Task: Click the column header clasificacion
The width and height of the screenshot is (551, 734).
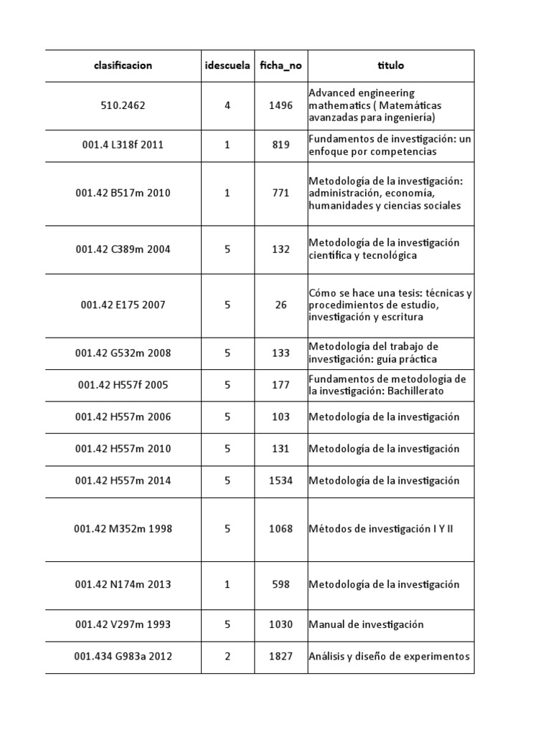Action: [123, 65]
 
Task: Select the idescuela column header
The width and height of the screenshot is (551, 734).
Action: [227, 65]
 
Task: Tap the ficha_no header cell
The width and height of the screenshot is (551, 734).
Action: [281, 65]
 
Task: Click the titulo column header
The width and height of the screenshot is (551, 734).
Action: [391, 65]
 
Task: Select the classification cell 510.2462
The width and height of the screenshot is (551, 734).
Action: [123, 105]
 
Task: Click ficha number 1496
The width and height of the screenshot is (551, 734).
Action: [281, 105]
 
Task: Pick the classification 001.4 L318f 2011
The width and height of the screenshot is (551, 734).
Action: [123, 145]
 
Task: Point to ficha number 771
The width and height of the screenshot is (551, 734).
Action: [281, 193]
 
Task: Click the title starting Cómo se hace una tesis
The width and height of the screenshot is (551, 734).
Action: [390, 305]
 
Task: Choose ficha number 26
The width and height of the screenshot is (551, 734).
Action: [281, 305]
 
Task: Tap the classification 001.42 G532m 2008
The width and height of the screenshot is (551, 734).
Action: [123, 353]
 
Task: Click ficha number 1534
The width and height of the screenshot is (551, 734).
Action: [281, 480]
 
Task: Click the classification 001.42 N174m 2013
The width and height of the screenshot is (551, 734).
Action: [123, 584]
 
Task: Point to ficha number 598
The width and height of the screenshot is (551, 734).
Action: [281, 584]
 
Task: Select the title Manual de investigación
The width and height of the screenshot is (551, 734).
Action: [366, 624]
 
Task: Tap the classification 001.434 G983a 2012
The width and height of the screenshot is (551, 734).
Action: [123, 657]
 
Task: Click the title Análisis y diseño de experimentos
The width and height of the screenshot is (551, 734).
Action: [389, 657]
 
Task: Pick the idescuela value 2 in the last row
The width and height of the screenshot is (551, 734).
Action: [227, 657]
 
